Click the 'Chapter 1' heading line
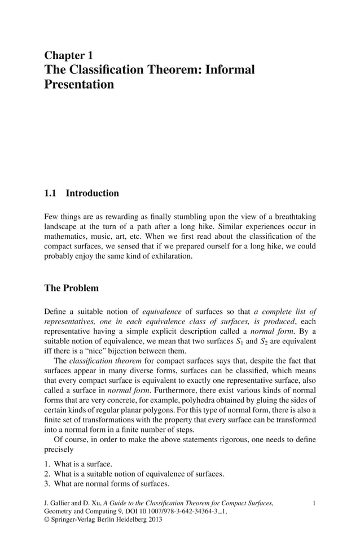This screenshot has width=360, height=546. coord(68,55)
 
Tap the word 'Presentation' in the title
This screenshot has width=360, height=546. coord(79,85)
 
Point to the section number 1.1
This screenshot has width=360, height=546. coord(51,193)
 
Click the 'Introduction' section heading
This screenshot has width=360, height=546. coord(93,193)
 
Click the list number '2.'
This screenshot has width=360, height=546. coord(47,474)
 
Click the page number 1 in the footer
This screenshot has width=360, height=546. coord(314,502)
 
